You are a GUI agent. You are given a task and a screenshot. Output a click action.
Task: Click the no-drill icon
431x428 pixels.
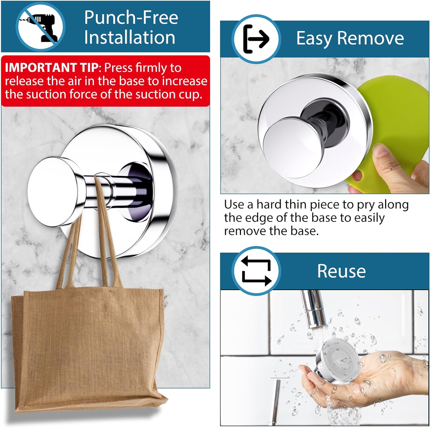(40, 27)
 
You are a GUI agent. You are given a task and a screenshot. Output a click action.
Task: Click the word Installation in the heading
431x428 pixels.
(130, 37)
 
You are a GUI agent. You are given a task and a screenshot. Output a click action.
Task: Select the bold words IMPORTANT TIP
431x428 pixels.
(52, 68)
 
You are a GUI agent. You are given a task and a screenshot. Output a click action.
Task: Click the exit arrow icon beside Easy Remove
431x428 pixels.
(256, 39)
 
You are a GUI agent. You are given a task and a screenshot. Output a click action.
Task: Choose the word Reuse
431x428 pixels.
(341, 271)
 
